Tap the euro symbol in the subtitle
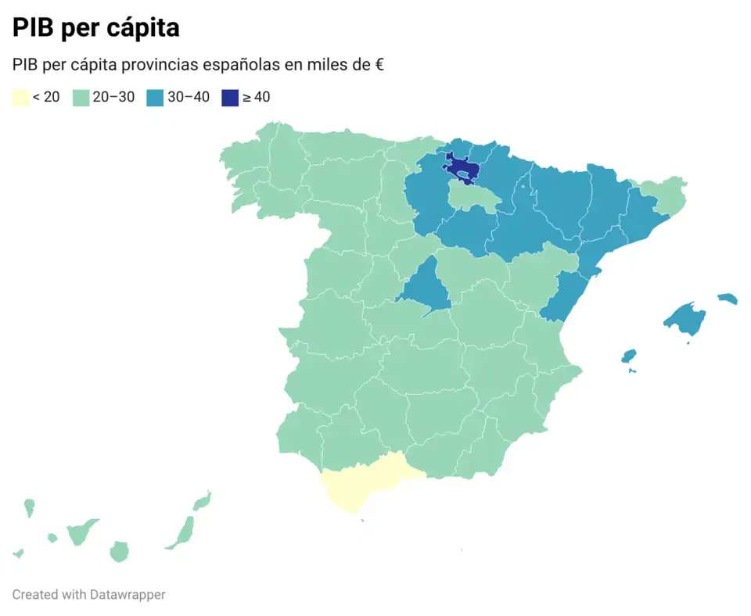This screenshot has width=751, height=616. point(379,65)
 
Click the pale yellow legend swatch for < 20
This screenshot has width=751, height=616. point(20,98)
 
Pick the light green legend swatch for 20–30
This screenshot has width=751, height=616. point(81,98)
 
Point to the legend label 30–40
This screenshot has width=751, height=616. point(188,98)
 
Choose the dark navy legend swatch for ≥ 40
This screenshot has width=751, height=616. point(229,98)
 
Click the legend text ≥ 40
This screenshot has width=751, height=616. point(256,98)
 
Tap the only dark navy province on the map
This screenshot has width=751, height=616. point(462,168)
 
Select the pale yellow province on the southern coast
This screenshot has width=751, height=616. point(364,481)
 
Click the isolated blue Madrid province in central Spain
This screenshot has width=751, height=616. point(425,289)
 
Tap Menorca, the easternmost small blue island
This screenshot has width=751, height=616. point(728,299)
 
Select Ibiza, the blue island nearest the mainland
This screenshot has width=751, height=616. point(628,356)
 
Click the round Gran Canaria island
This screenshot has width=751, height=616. point(119,551)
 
